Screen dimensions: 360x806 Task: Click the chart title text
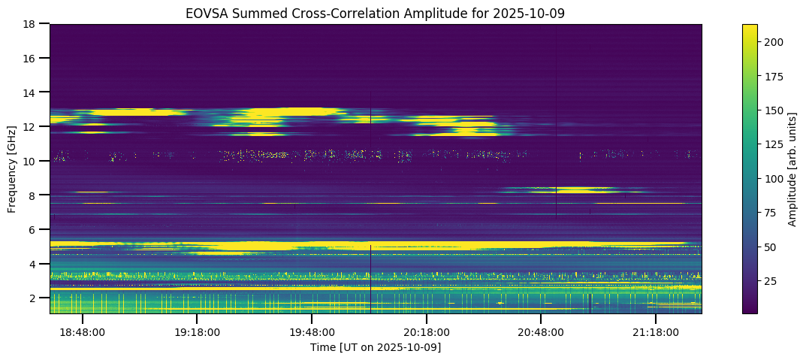tap(376, 14)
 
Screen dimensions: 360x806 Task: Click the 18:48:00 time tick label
tap(83, 331)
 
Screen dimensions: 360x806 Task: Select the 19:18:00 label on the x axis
tap(197, 331)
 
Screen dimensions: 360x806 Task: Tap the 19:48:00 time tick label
tap(312, 331)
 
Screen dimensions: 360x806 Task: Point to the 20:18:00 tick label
tap(427, 331)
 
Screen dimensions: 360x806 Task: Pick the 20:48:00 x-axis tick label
tap(541, 331)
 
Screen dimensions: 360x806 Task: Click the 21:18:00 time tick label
tap(656, 331)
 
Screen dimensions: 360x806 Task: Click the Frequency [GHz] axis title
tap(12, 169)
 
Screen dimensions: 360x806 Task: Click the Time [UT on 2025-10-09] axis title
tap(376, 347)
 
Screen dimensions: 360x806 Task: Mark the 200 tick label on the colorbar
tap(775, 42)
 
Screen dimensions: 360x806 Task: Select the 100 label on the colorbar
tap(775, 179)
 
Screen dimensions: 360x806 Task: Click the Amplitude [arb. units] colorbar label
tap(792, 169)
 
